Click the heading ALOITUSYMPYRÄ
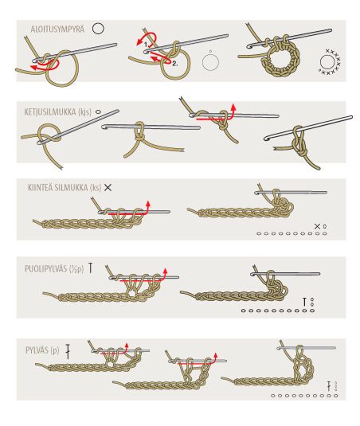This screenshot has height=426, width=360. click(x=57, y=29)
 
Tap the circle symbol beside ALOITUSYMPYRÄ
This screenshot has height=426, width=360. click(x=98, y=29)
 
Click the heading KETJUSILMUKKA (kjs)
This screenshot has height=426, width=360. click(x=58, y=112)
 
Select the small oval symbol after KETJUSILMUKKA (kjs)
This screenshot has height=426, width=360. click(x=98, y=111)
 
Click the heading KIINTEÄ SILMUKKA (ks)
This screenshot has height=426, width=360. click(x=65, y=187)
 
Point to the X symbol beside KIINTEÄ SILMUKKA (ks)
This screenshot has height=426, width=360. click(x=108, y=187)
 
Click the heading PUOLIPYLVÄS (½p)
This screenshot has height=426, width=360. click(x=54, y=268)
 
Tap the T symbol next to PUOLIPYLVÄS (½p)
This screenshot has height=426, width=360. click(x=91, y=268)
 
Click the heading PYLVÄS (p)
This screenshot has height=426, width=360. click(x=42, y=350)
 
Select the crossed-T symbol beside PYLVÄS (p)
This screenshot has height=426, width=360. click(x=68, y=352)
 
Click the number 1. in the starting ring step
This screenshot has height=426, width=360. click(x=147, y=45)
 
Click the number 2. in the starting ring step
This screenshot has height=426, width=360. click(x=175, y=64)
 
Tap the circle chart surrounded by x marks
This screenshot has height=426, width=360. click(x=327, y=62)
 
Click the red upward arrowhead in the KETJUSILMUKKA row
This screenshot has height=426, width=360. click(x=233, y=106)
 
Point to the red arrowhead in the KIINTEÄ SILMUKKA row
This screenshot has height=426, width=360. click(x=148, y=204)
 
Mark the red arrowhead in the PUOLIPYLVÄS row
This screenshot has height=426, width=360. click(x=165, y=271)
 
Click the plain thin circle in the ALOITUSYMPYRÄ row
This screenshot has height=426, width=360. click(x=210, y=62)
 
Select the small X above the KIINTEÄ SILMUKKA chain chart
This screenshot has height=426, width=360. click(x=317, y=226)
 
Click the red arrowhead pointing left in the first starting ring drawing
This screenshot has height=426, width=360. click(x=33, y=68)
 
